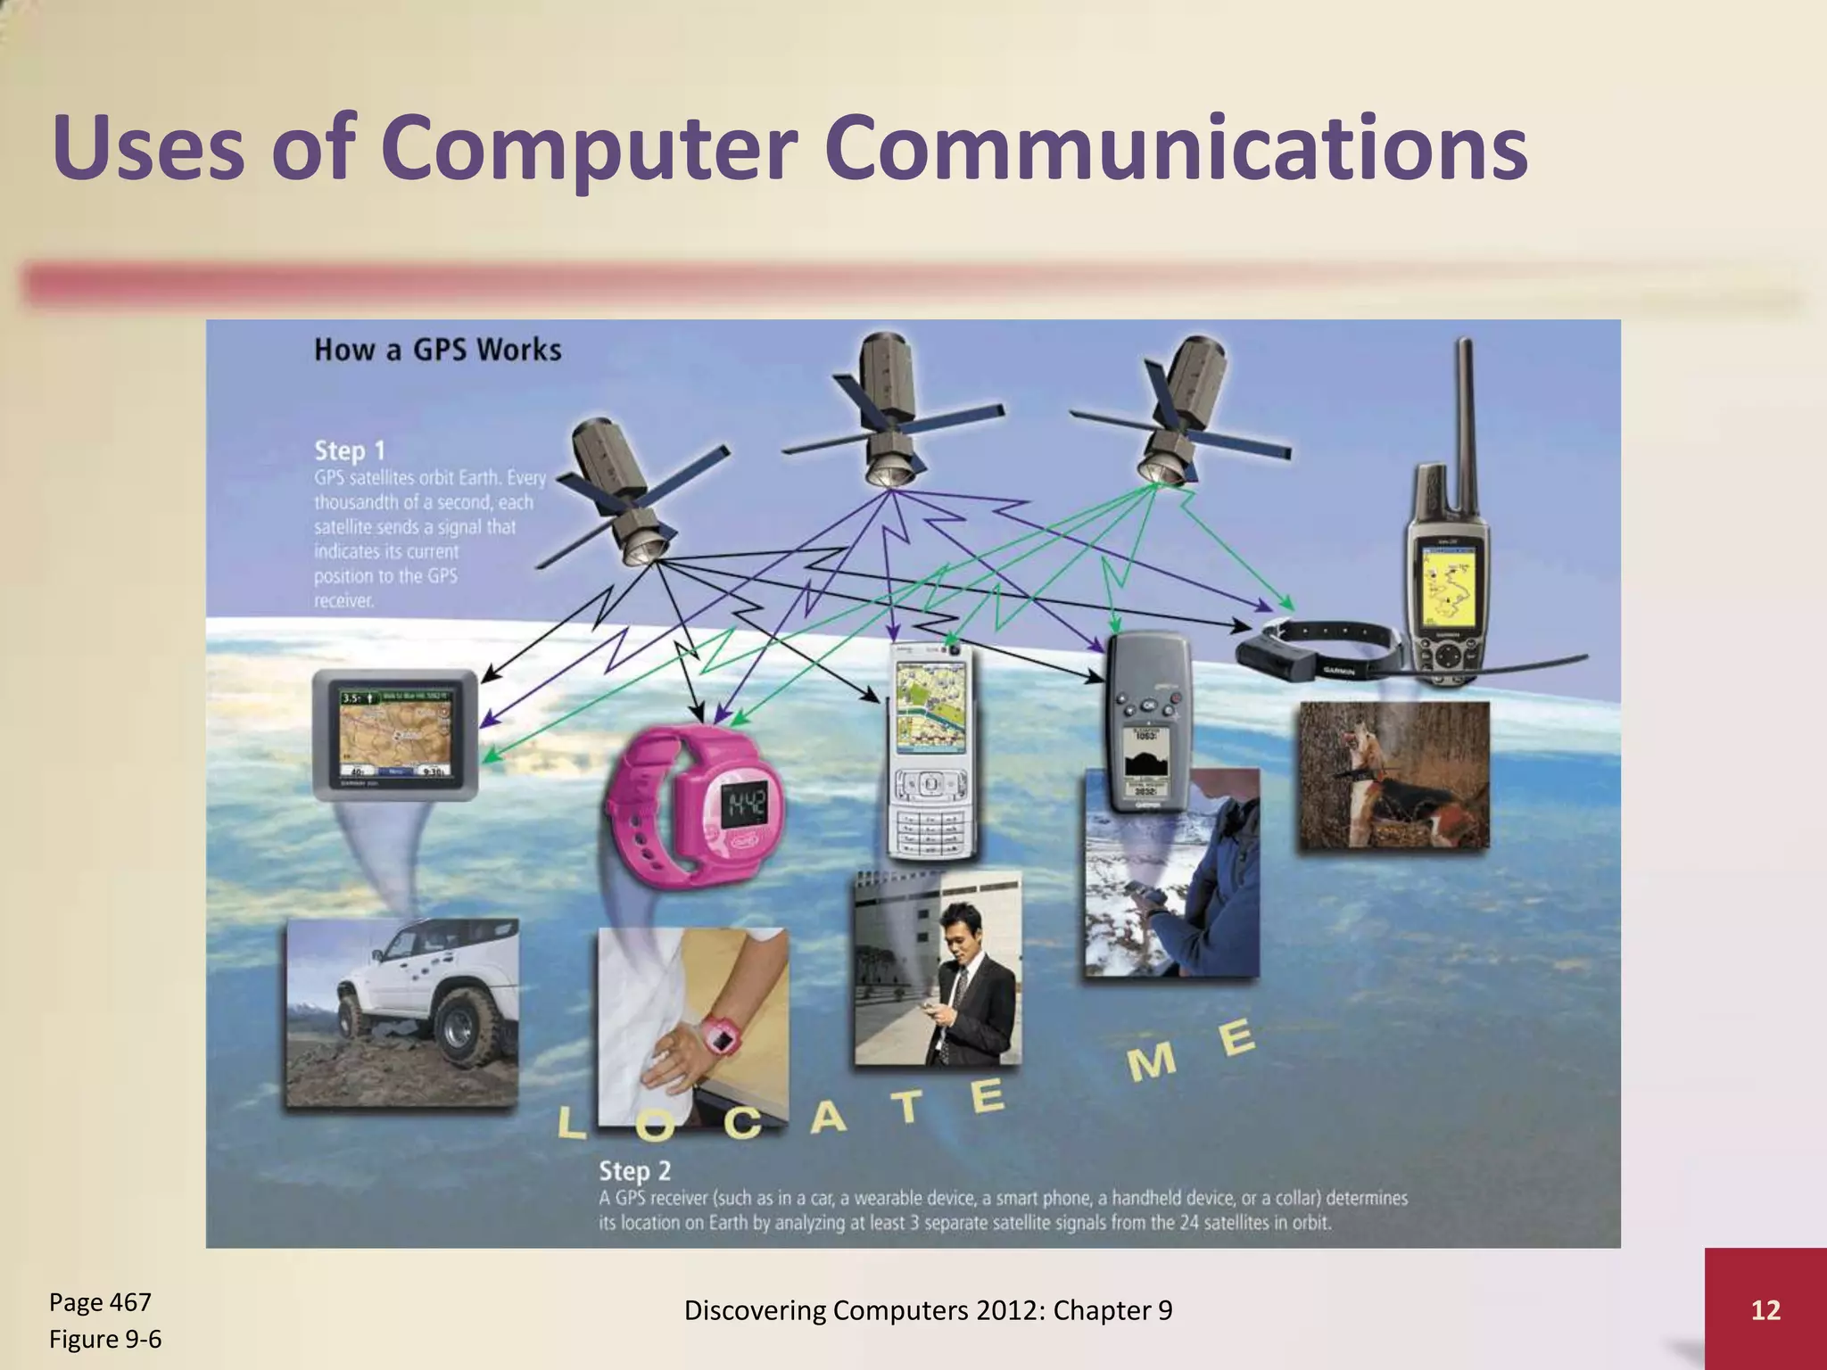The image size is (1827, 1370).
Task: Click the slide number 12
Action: (1765, 1310)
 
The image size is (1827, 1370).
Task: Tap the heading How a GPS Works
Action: (437, 350)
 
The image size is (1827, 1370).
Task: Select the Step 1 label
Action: (349, 451)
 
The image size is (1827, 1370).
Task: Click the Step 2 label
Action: (634, 1170)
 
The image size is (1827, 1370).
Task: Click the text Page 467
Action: (100, 1302)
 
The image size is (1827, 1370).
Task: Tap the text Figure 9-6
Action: (105, 1339)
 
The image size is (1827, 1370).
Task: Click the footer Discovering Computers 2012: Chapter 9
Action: (928, 1310)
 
